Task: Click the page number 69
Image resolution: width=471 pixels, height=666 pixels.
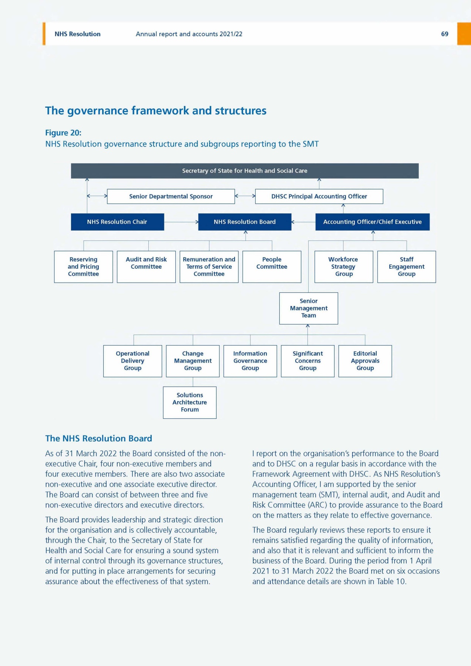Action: tap(444, 34)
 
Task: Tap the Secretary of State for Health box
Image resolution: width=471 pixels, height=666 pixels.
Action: tap(245, 171)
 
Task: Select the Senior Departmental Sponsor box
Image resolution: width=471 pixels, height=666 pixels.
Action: tap(171, 196)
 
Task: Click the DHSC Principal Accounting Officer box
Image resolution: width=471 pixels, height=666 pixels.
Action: tap(319, 196)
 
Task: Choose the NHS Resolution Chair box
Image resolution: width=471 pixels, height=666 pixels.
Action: tap(117, 222)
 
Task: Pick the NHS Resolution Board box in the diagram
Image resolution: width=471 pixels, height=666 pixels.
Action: tap(245, 222)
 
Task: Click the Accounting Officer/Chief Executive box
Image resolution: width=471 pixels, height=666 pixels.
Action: tap(372, 222)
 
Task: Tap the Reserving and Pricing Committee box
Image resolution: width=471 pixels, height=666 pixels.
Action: tap(83, 267)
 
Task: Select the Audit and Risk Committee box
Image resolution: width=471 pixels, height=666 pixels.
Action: tap(146, 267)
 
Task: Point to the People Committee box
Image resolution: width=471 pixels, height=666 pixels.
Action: tap(272, 267)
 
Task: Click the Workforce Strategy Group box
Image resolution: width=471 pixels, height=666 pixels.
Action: tap(343, 267)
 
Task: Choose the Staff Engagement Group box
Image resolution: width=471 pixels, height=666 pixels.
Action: tap(406, 267)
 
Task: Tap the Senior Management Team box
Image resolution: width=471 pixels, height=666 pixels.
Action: tap(309, 308)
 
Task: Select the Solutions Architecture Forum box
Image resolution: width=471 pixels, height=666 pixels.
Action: tap(189, 403)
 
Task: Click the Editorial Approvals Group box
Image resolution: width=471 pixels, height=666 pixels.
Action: tap(365, 361)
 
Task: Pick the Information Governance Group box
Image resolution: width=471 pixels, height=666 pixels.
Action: tap(250, 361)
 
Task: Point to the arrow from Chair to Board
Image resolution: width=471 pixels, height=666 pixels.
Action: tap(181, 222)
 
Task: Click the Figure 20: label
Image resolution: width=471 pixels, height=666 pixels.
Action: tap(63, 133)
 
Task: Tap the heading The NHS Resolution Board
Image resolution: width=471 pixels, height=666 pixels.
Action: tap(98, 438)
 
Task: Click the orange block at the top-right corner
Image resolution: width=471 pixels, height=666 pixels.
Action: tap(464, 34)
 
